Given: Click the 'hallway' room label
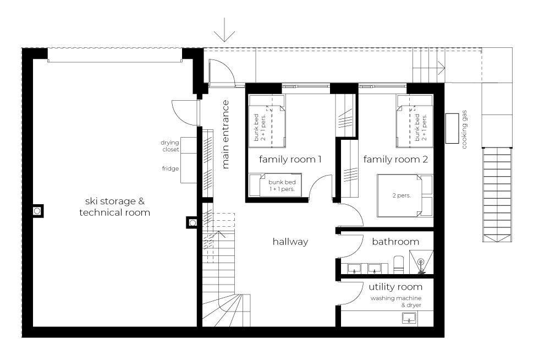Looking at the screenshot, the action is [x=290, y=242].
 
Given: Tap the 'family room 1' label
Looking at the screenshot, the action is [x=290, y=160].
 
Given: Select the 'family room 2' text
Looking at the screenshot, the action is [x=395, y=160].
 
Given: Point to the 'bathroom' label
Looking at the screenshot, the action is [x=395, y=242].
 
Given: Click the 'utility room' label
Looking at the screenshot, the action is [x=395, y=287].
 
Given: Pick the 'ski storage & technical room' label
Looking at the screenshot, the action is [x=115, y=207].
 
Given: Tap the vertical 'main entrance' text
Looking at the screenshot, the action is [x=225, y=134].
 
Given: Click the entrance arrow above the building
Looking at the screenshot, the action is [x=224, y=30].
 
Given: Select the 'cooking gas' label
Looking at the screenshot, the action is [x=464, y=129].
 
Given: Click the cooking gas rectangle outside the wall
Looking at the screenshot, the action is [x=452, y=128].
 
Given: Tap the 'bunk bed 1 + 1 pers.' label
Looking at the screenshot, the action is [x=282, y=186].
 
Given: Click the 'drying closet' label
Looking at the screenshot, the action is [x=170, y=146].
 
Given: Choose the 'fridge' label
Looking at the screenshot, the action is [x=170, y=168].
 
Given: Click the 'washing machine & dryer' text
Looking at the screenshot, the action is [x=395, y=302].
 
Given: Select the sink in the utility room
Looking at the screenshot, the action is [x=409, y=318].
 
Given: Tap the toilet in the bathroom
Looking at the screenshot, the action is [x=398, y=264].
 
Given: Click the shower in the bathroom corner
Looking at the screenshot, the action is [x=421, y=262].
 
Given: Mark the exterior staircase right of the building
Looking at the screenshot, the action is [x=497, y=195].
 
